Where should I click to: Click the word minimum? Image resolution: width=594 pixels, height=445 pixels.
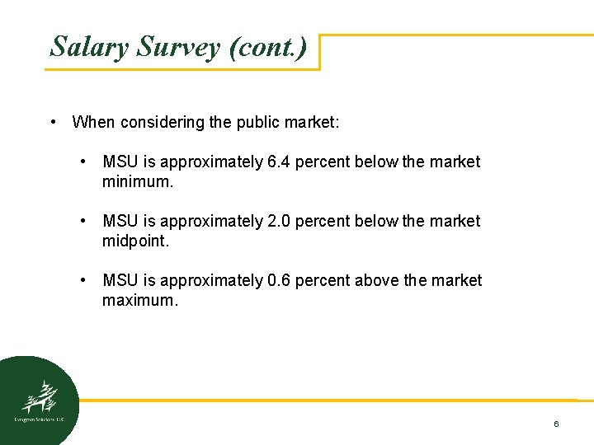coord(138,181)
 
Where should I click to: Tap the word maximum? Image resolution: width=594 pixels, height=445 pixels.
coord(140,300)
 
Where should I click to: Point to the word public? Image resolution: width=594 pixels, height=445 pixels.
coord(261,123)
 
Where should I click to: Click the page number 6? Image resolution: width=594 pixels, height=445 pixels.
coord(556,424)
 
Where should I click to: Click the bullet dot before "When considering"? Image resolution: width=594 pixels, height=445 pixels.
coord(53,123)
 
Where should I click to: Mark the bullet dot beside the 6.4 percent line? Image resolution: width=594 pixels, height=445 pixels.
coord(83,162)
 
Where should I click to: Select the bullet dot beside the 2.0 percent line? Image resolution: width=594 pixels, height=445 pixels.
coord(83,222)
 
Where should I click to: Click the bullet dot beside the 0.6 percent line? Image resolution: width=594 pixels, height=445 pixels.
coord(83,281)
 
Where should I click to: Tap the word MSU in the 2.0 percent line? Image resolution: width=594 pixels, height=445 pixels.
coord(120,222)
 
